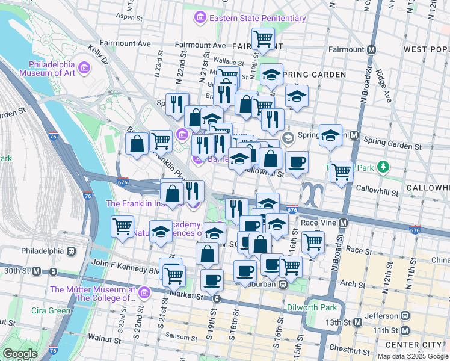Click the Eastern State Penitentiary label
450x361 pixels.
[257, 19]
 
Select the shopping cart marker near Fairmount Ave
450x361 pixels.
[264, 39]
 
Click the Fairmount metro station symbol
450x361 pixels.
[372, 49]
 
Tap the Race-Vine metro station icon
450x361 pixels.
[344, 223]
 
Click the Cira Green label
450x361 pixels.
[52, 310]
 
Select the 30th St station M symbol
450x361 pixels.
[36, 271]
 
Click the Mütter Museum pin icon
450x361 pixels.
[144, 293]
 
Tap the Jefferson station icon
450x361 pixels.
[406, 315]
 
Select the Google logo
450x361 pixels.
[20, 354]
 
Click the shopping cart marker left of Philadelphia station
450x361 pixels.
[122, 227]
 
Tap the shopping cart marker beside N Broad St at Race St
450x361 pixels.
[313, 241]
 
